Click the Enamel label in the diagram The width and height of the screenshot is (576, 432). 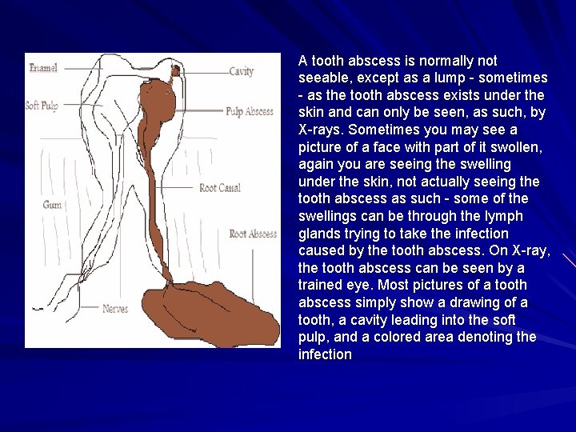tap(43, 68)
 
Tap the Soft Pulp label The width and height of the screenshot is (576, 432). tap(42, 106)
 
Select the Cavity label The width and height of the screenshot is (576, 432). tap(241, 71)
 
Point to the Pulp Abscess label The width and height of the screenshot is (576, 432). tap(249, 111)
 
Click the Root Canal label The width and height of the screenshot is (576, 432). tap(220, 188)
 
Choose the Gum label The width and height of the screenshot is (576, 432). tap(52, 205)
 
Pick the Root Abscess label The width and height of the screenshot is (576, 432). tap(253, 234)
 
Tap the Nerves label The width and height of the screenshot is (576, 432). tap(115, 308)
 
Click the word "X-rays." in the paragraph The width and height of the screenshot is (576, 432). tap(319, 130)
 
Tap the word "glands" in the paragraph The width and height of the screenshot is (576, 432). tap(318, 234)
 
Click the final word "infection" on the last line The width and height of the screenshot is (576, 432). tap(325, 354)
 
